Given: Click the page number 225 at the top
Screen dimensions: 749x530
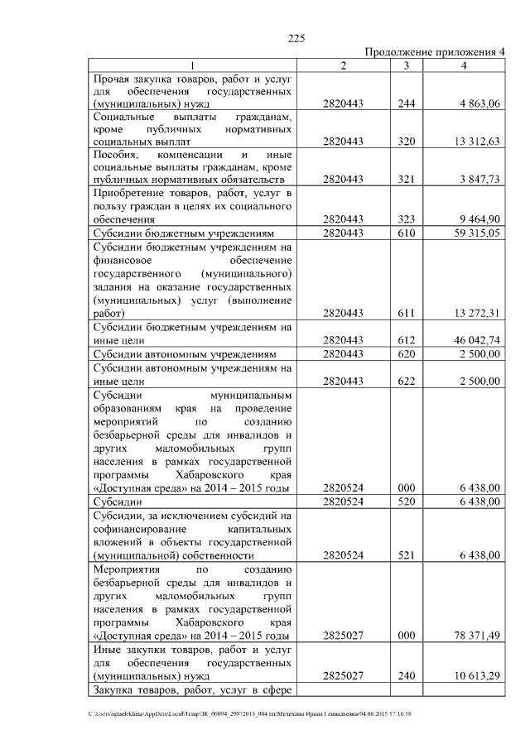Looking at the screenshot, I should [x=297, y=38].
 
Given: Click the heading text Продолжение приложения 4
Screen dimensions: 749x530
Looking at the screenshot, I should [x=435, y=52].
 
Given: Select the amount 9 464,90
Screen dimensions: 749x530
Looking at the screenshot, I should [x=477, y=220].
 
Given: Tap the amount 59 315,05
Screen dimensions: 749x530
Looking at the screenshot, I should [x=475, y=233].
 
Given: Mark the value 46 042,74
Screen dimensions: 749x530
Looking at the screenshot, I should [x=475, y=340].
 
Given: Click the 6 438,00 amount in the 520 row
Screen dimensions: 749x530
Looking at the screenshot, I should [x=477, y=502].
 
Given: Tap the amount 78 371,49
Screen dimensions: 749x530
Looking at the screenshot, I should [x=475, y=636].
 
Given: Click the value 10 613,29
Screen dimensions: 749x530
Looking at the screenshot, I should [x=475, y=676].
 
